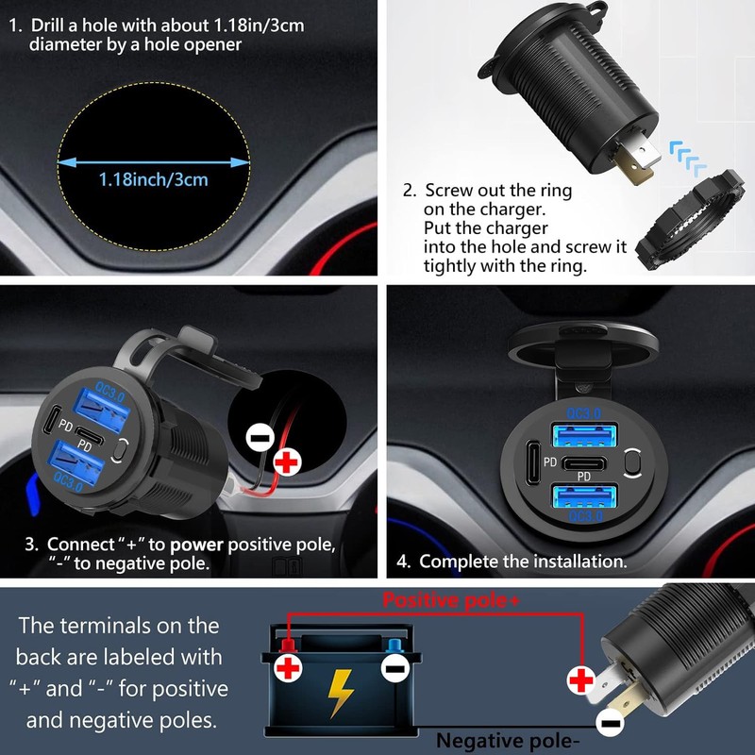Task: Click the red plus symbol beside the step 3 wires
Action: tap(287, 461)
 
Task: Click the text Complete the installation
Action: tap(523, 561)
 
